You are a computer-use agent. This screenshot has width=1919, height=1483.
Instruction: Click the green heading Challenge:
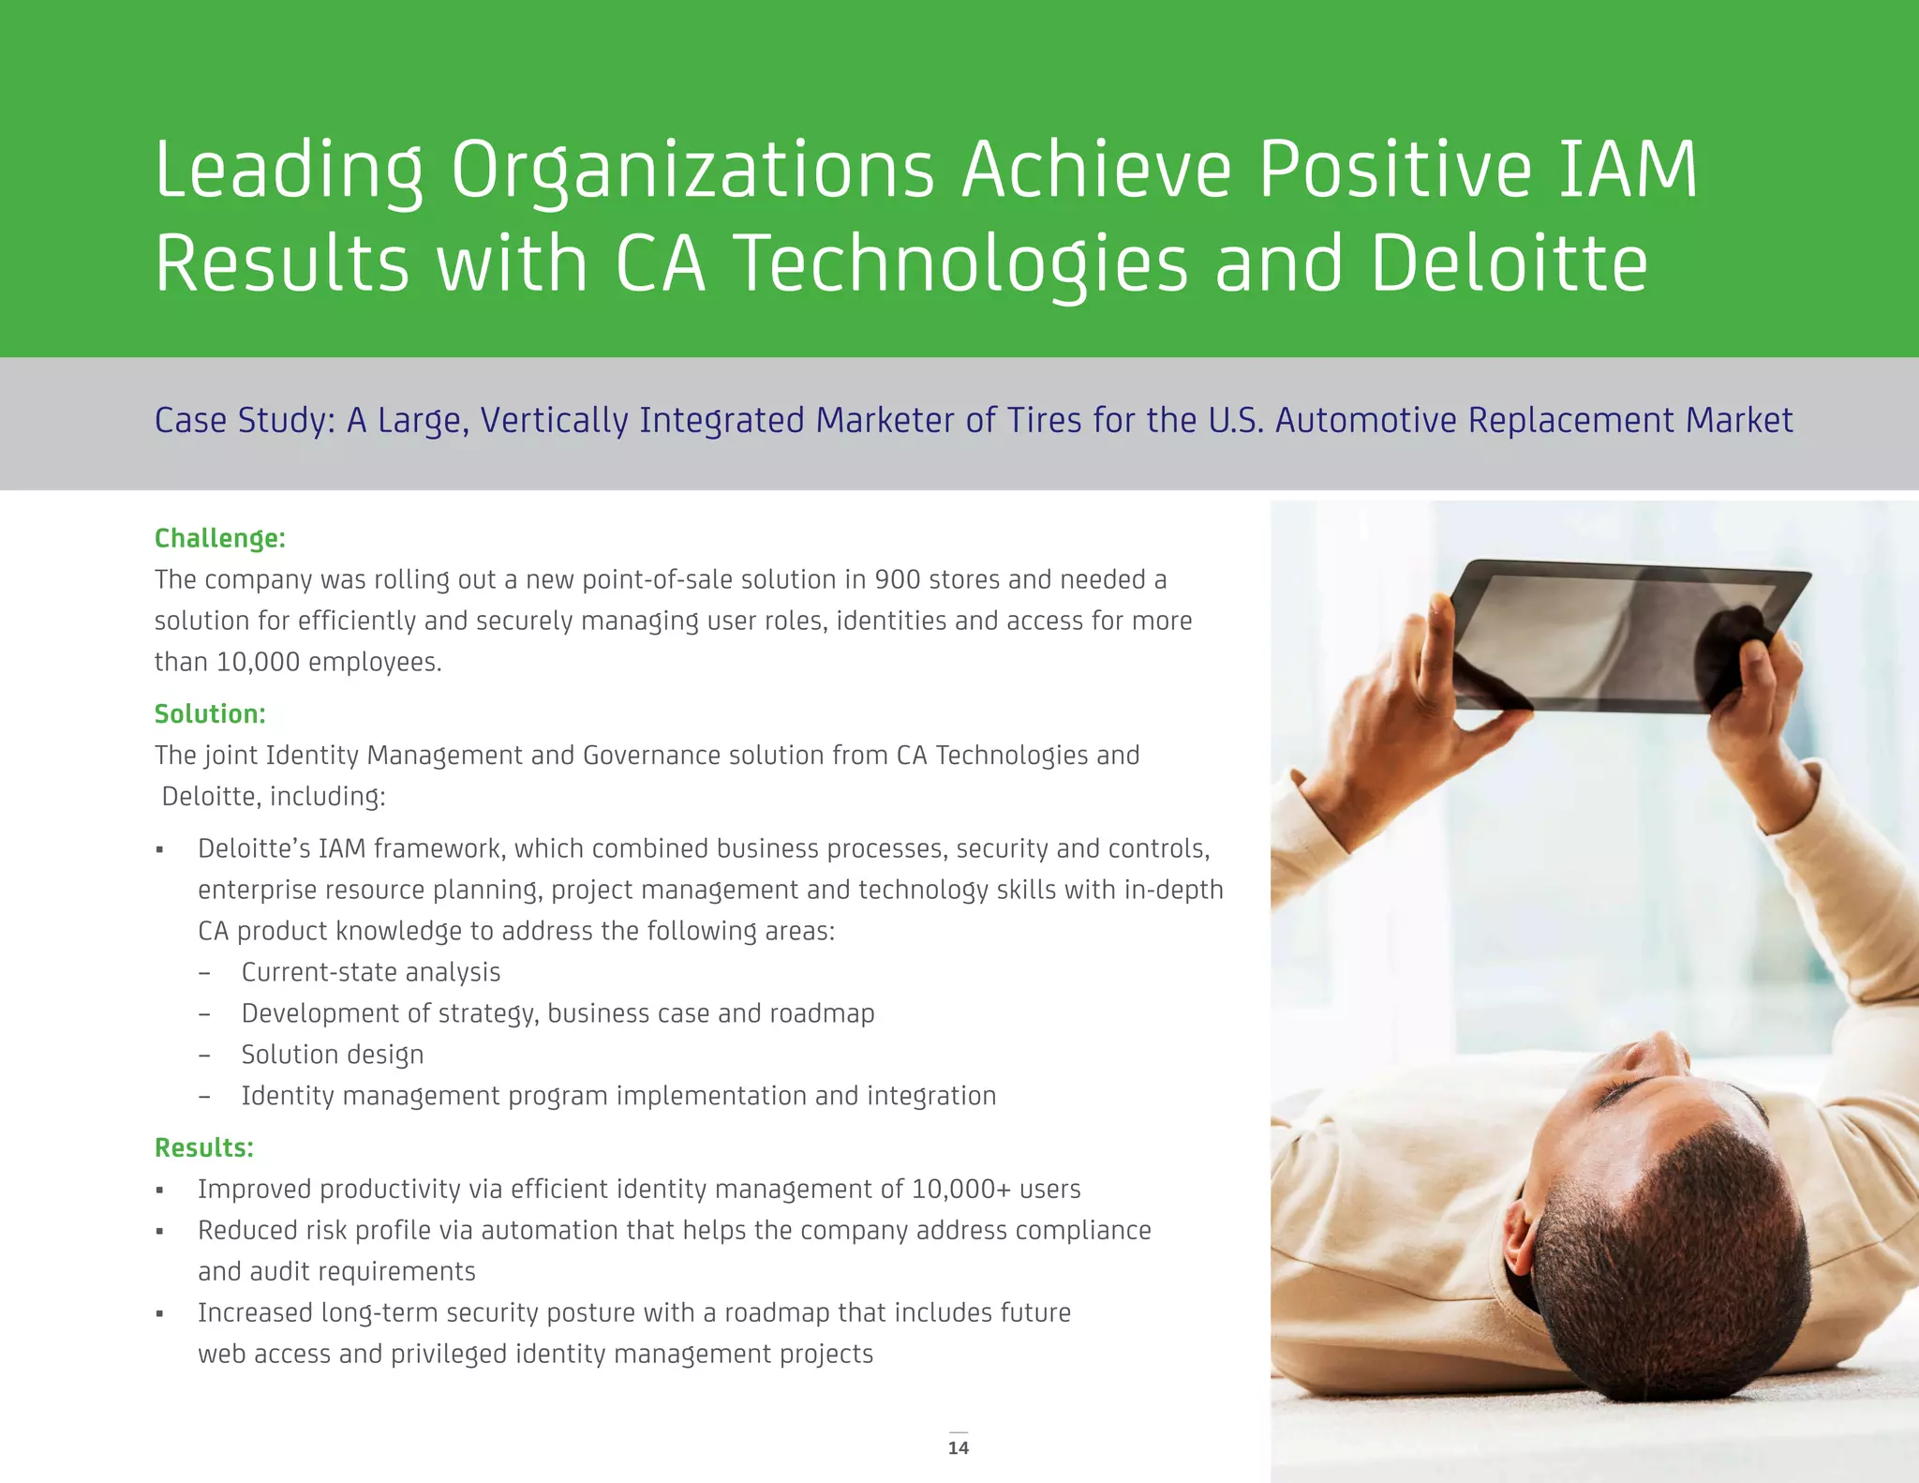pos(219,538)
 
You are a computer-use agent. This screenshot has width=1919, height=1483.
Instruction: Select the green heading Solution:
pos(210,713)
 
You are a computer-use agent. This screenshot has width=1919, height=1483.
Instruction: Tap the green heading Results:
pos(204,1147)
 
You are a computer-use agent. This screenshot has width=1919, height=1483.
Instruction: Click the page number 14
pos(958,1447)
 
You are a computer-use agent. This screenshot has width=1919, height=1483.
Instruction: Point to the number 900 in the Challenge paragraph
pos(898,579)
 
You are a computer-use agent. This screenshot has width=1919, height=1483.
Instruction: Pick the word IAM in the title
pos(1628,170)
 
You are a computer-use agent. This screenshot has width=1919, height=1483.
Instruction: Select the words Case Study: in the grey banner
pos(245,420)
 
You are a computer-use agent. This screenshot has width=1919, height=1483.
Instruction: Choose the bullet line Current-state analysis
pos(370,972)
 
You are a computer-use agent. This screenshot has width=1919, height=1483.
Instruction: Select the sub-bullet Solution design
pos(332,1055)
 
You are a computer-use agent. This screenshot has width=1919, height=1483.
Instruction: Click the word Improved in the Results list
pos(254,1189)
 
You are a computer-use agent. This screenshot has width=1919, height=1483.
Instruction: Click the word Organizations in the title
pos(692,170)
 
